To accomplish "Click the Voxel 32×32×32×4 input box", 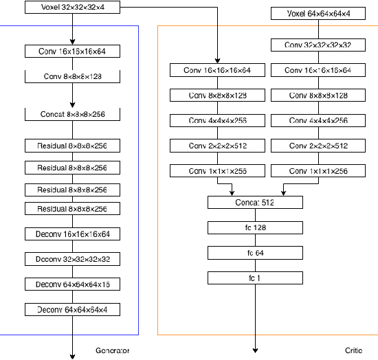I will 72,8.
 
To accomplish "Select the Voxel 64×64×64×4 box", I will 318,13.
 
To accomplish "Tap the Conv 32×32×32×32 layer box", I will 318,45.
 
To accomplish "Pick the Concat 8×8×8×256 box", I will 72,113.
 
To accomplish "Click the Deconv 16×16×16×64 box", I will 72,234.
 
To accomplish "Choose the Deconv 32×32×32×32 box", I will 72,259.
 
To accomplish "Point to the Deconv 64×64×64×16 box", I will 72,284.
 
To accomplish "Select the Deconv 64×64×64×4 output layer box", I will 72,309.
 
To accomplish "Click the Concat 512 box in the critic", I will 255,203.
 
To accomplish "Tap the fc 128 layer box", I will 255,227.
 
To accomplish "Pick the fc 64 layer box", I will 255,253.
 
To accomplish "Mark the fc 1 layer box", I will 255,278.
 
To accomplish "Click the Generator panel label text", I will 113,350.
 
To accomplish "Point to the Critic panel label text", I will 353,350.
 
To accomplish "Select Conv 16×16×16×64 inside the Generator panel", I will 72,52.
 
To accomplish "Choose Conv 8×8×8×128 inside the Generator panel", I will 72,76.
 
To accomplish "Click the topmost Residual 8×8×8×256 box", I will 72,146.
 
